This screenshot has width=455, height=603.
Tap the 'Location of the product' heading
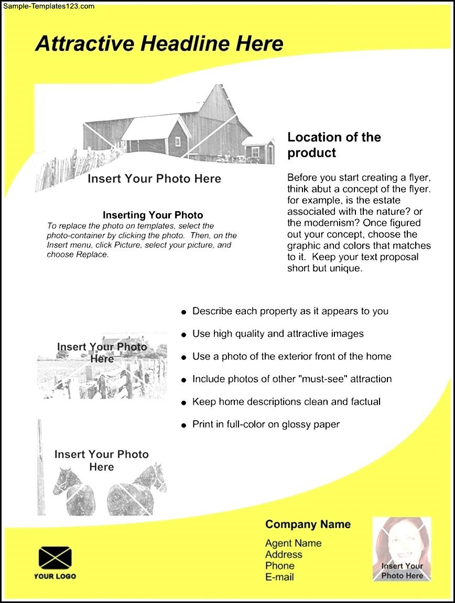coord(334,145)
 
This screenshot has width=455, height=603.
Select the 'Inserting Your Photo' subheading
coord(153,215)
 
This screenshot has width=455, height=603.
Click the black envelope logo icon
coord(55,558)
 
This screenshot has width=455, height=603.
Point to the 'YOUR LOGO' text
coord(55,576)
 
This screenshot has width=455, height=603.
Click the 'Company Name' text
coord(308,524)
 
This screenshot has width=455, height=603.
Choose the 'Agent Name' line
coord(293,543)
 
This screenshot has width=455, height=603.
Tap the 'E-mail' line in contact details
coord(279,577)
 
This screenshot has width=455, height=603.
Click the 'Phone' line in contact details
coord(279,566)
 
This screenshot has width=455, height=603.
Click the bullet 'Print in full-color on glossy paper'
coord(266,424)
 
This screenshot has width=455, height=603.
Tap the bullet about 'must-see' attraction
coord(292,379)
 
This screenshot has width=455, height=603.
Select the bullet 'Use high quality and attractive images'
coord(278,334)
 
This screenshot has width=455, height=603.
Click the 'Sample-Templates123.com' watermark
coord(48,6)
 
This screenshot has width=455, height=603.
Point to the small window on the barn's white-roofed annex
coord(178,141)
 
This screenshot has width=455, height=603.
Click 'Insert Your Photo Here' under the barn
coord(154,179)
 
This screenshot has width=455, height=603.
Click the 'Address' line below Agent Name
coord(284,554)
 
